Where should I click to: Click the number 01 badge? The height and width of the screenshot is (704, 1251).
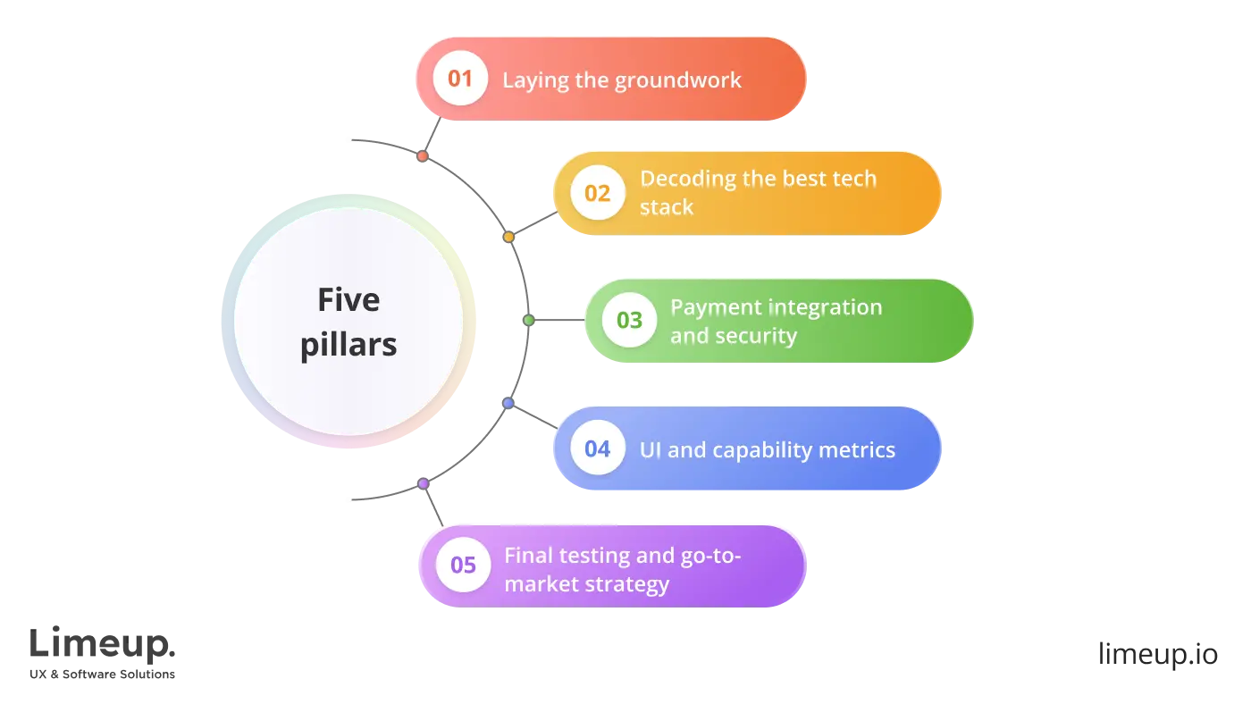click(459, 79)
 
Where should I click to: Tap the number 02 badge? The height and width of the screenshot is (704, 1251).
click(597, 193)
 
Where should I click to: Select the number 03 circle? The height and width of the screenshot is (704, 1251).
click(629, 320)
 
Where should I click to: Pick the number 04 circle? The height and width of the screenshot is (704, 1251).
click(597, 448)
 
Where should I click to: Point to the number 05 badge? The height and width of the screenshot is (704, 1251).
click(463, 566)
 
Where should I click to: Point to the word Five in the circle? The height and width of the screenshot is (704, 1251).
click(348, 299)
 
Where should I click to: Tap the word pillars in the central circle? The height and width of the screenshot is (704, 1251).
click(348, 344)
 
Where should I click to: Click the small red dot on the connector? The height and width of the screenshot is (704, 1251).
click(422, 155)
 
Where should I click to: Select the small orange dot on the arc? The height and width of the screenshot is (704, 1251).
click(508, 237)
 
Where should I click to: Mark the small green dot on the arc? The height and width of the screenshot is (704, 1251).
click(528, 320)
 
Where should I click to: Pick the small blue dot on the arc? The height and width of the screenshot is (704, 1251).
click(508, 404)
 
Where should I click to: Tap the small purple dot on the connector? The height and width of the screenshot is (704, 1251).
click(423, 483)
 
